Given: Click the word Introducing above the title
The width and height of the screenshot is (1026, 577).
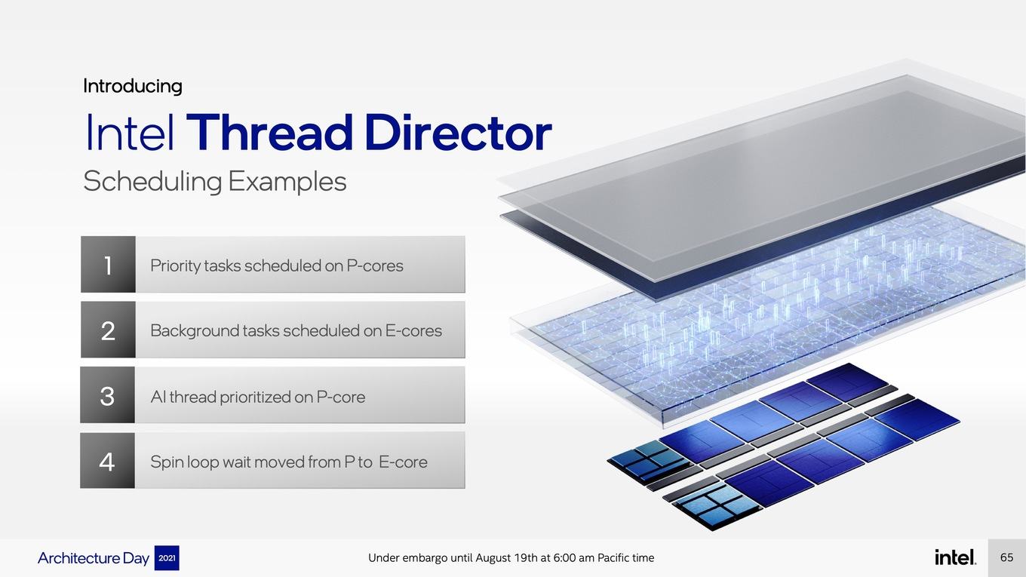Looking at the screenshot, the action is click(133, 86).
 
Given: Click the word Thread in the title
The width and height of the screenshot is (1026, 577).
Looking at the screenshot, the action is click(269, 132).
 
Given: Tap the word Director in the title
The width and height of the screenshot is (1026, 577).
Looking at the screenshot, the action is click(459, 132).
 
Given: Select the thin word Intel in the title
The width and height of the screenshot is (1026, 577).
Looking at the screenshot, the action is click(130, 132).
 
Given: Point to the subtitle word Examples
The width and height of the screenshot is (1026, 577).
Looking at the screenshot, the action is click(287, 182).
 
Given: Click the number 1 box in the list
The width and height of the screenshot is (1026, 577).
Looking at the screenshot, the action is click(108, 265).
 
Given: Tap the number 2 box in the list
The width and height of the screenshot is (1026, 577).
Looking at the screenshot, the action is click(108, 330).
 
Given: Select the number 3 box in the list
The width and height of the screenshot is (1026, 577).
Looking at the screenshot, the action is click(108, 394).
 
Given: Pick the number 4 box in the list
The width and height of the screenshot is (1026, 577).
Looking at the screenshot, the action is click(108, 460).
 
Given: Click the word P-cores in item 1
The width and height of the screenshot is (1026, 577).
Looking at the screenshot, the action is click(375, 265).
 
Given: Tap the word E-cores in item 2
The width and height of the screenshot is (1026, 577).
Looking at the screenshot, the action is click(413, 330).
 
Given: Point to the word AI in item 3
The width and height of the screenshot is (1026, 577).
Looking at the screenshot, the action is click(158, 397).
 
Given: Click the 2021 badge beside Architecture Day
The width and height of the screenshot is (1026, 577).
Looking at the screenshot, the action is click(167, 558).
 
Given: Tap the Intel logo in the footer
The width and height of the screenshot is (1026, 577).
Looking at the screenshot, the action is click(955, 557).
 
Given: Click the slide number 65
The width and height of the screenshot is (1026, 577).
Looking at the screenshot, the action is click(1006, 557).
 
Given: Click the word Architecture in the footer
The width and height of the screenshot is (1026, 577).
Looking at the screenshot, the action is click(78, 558).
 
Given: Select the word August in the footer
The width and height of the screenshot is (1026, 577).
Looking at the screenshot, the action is click(493, 558).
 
